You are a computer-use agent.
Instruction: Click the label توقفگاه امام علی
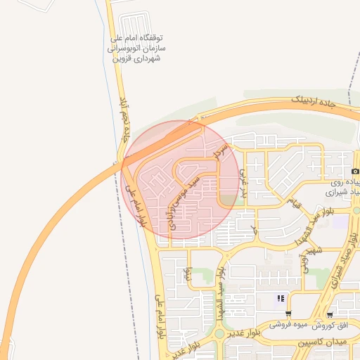[x=138, y=37]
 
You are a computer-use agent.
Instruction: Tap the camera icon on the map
[x=355, y=171]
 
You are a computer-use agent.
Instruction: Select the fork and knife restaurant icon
[x=281, y=298]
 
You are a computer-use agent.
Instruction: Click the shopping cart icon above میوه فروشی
[x=288, y=314]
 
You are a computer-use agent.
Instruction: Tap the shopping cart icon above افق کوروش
[x=330, y=314]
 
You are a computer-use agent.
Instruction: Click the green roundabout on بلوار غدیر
[x=219, y=334]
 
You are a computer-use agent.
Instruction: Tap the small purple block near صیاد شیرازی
[x=341, y=221]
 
